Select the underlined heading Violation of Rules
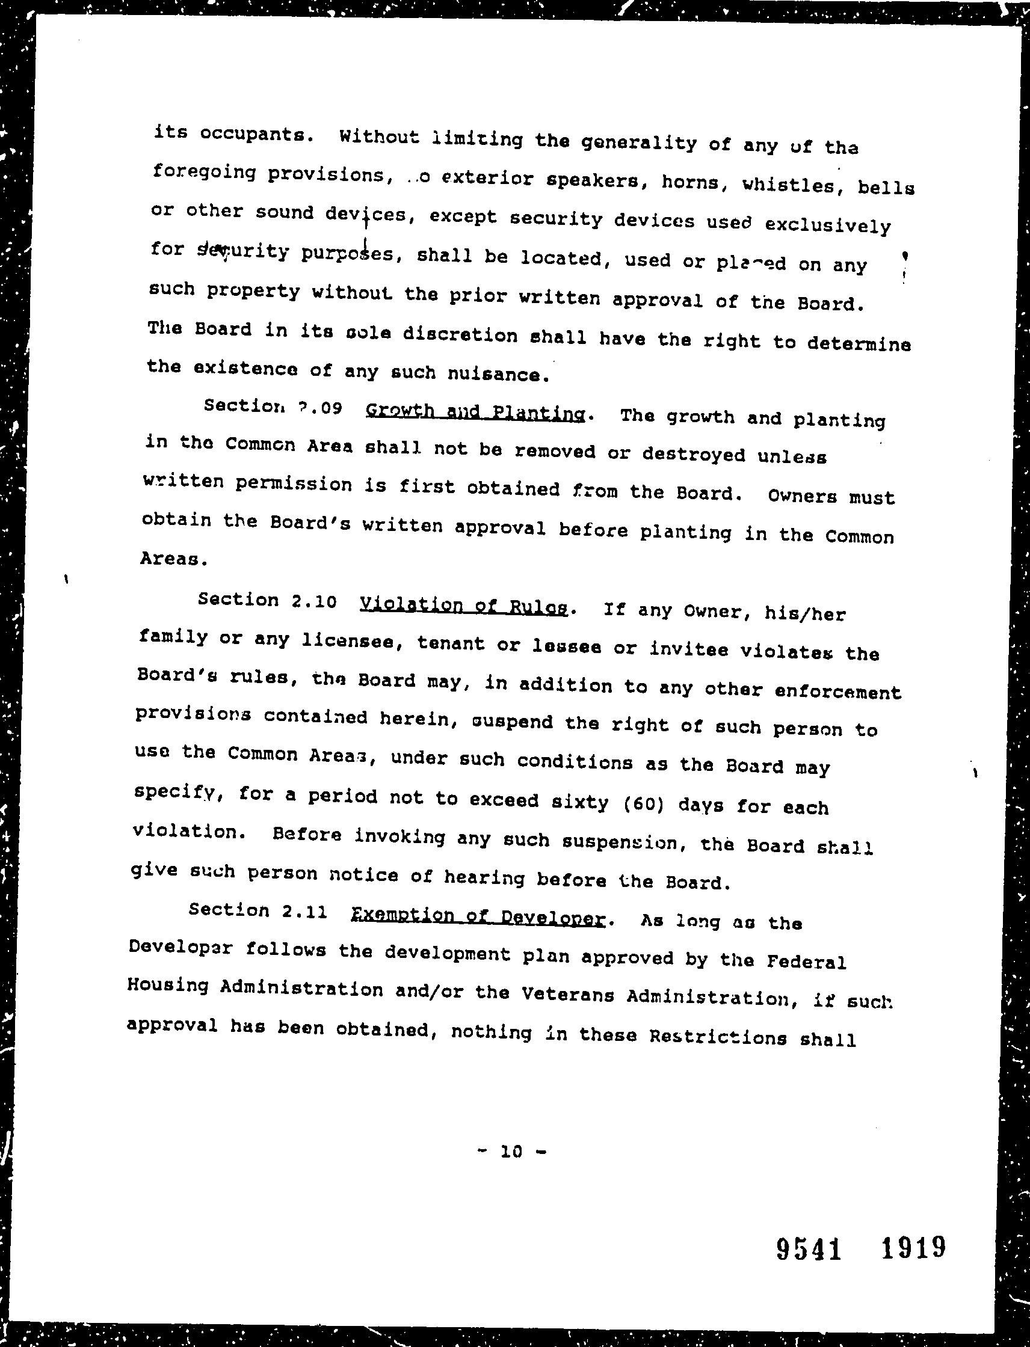(x=463, y=606)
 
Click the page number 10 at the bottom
(x=511, y=1152)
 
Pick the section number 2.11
(x=304, y=910)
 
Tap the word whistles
(x=789, y=185)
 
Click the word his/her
(x=805, y=613)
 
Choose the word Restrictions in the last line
(x=718, y=1037)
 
